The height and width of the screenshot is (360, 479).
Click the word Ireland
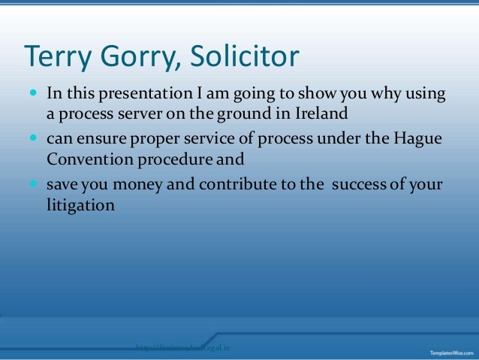point(321,116)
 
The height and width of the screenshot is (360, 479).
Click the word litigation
point(80,204)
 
